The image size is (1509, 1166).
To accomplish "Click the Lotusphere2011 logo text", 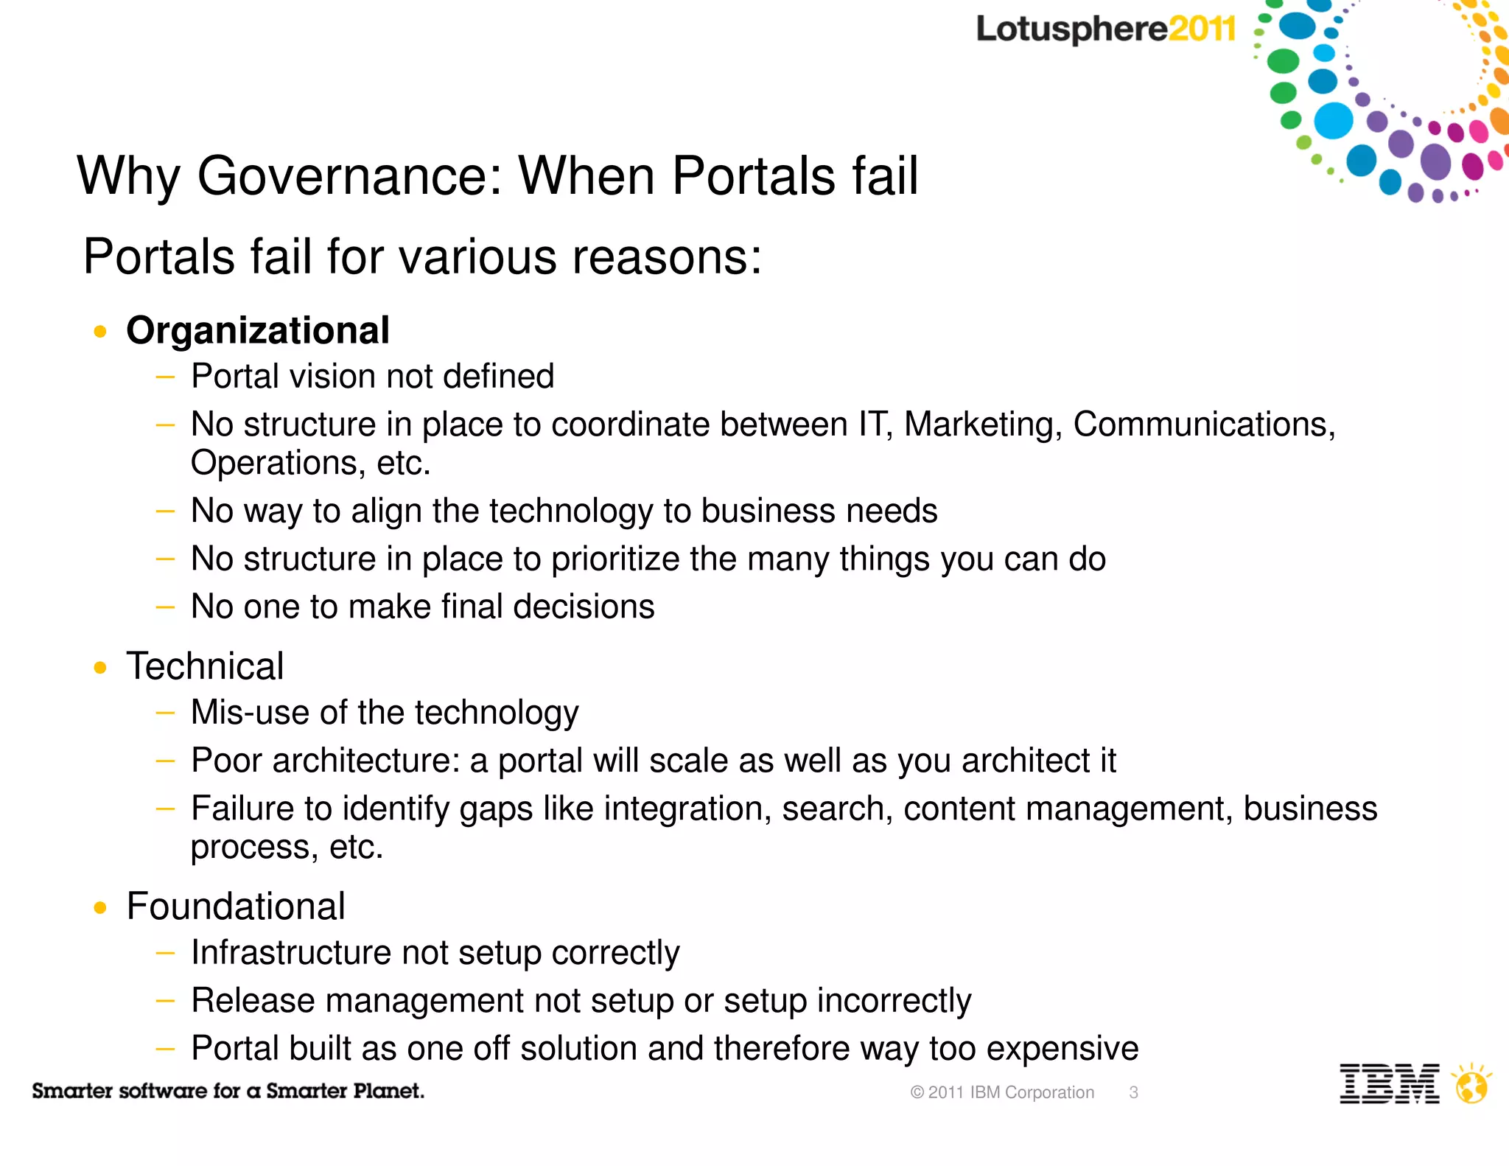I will tap(1105, 29).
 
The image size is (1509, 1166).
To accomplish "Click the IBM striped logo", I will tap(1389, 1083).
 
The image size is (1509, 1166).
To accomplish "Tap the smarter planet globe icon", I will tap(1471, 1084).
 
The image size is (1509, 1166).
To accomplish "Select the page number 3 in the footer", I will tap(1133, 1092).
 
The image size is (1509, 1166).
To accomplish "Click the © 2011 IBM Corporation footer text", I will tap(1002, 1092).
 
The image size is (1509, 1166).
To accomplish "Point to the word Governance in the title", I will tap(349, 176).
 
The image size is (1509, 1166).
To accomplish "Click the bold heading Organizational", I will tap(258, 330).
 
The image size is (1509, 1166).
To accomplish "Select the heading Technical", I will tap(205, 666).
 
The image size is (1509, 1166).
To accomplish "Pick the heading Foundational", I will tap(236, 906).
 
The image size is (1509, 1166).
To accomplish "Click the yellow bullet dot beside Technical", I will tap(100, 668).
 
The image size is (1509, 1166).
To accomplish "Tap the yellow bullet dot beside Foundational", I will tap(100, 907).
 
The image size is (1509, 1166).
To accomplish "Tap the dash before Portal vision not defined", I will tap(165, 377).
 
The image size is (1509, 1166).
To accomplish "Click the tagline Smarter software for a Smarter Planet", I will tap(228, 1091).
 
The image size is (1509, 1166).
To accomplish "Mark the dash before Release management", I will tap(165, 1001).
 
